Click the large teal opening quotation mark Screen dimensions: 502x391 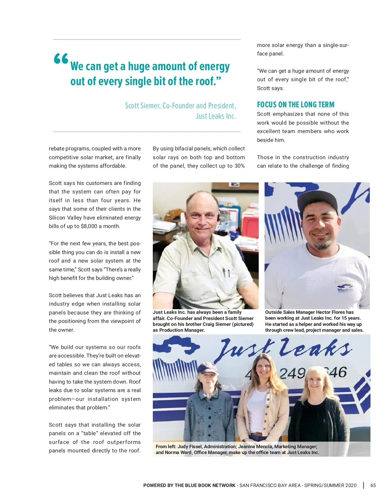[61, 59]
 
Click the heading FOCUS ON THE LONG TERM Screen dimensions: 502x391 [296, 105]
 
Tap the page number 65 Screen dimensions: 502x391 [373, 485]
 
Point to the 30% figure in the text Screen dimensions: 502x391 [239, 166]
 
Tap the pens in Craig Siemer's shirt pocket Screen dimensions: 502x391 [226, 272]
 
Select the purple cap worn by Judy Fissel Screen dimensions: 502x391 [208, 369]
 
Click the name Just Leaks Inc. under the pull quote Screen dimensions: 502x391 [216, 116]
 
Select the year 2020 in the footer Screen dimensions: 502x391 [351, 485]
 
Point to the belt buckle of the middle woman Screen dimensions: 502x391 [258, 434]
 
